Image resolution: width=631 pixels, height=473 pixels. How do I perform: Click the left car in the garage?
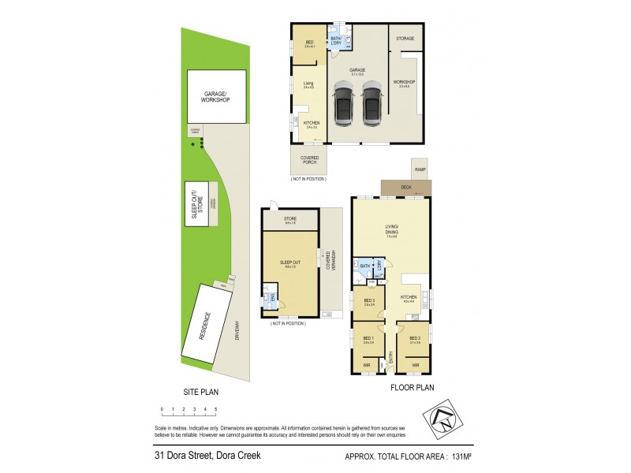[343, 106]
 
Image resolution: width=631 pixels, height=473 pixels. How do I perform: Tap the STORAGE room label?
[406, 37]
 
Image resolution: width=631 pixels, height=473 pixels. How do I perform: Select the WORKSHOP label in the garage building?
[404, 82]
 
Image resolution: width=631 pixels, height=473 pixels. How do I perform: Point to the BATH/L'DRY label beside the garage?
[336, 41]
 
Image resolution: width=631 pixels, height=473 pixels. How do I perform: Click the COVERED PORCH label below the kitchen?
[309, 160]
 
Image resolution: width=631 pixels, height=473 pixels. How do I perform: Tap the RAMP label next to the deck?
[420, 169]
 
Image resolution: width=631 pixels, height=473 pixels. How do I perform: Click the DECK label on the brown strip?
[406, 188]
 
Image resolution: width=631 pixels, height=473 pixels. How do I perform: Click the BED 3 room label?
[369, 300]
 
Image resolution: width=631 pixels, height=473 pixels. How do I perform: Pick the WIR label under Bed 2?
[415, 365]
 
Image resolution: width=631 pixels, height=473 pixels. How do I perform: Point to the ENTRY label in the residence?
[390, 359]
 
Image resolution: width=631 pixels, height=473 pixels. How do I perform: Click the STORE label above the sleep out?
[290, 220]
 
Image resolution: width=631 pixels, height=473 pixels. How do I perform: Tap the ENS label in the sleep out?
[274, 297]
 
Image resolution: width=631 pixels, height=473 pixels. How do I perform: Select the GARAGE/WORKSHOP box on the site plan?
[216, 97]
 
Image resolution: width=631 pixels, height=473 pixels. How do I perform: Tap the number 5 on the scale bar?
[215, 410]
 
